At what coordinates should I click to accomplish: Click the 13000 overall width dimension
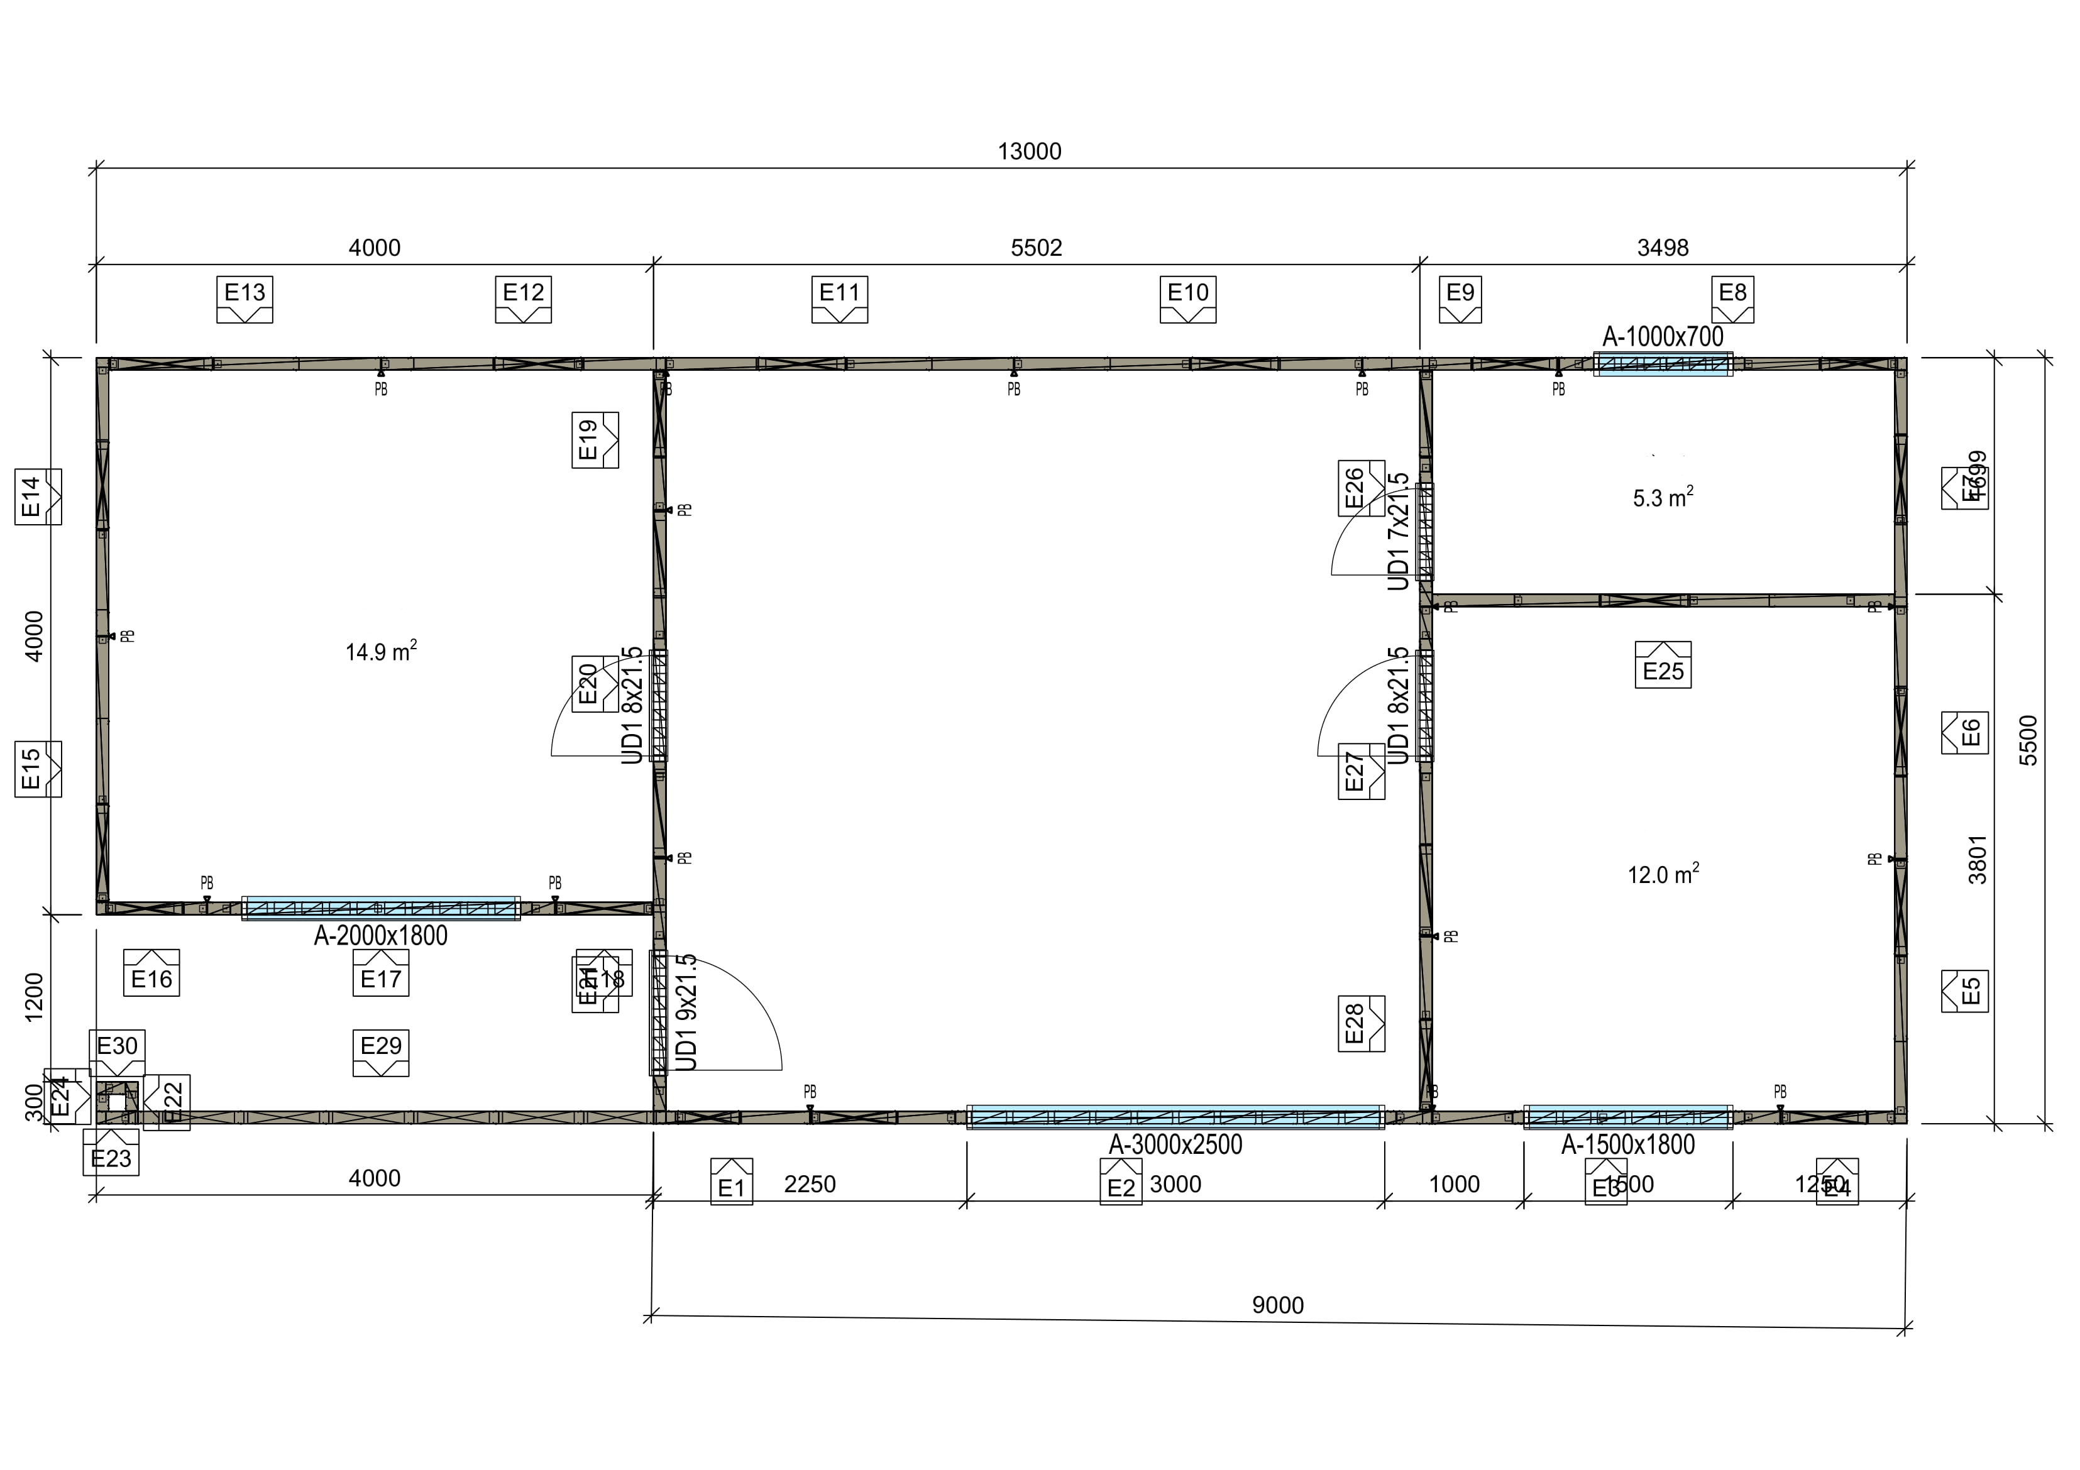[1029, 151]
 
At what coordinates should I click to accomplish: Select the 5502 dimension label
[1037, 247]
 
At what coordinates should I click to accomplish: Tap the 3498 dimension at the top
[1663, 247]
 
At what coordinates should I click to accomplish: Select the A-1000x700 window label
[1663, 336]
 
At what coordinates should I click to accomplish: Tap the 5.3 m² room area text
[1663, 497]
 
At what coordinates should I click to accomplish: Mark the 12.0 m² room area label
[1663, 874]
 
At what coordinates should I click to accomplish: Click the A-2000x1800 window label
[380, 936]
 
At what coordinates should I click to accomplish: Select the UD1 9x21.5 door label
[686, 1012]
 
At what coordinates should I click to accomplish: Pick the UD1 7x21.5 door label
[1399, 531]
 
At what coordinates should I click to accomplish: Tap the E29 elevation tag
[380, 1051]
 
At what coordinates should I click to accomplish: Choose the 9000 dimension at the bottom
[1277, 1305]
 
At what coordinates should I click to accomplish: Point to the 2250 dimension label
[809, 1184]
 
